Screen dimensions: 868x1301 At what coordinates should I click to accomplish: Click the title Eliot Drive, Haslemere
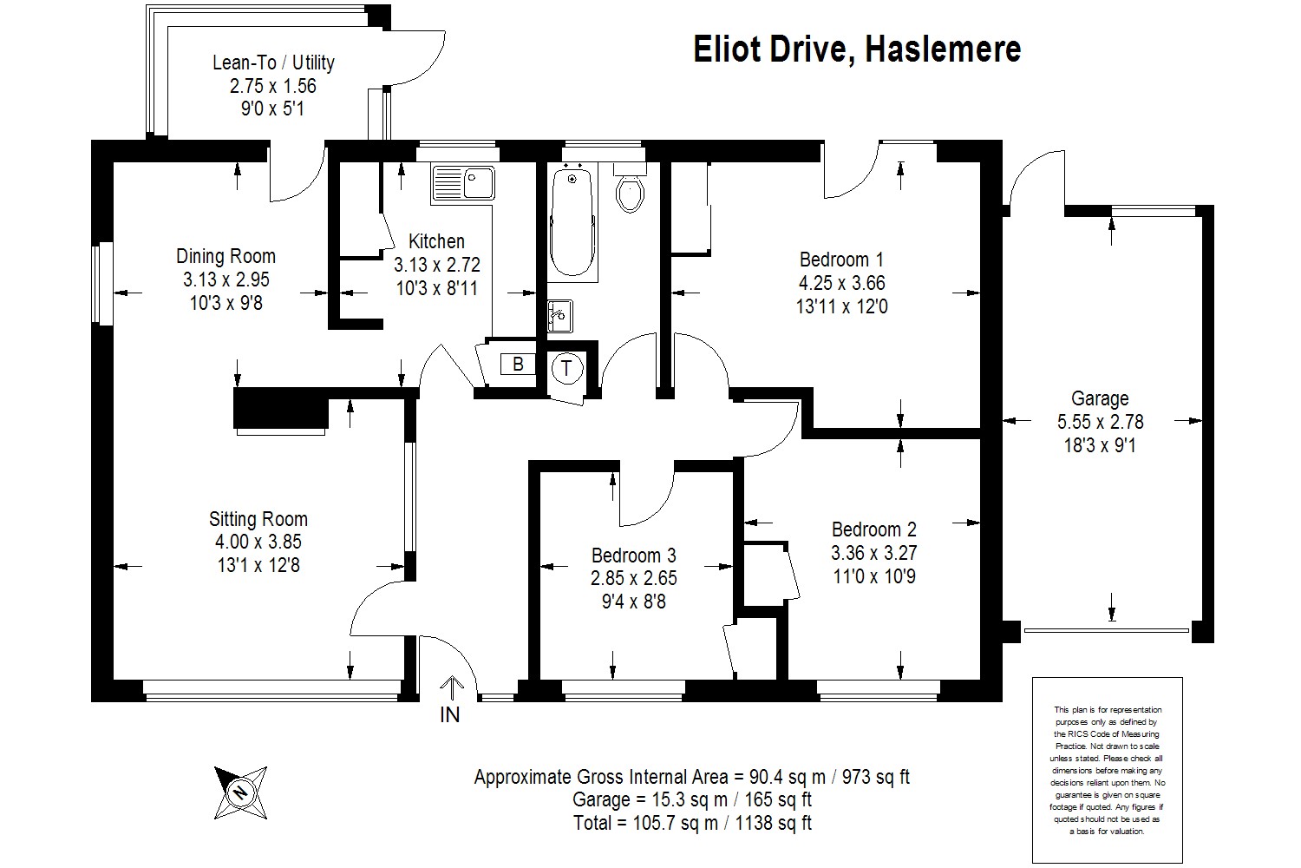[856, 49]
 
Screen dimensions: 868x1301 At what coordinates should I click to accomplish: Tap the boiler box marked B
[518, 365]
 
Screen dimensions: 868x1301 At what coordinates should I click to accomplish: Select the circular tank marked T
[567, 368]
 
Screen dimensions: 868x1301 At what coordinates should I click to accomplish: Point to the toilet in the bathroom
[631, 191]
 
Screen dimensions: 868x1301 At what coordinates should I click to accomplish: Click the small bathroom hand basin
[560, 315]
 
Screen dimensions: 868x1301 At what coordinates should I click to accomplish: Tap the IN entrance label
[450, 715]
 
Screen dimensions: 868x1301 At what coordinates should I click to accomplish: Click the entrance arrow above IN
[451, 687]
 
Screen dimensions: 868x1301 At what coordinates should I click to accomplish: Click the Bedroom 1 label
[841, 260]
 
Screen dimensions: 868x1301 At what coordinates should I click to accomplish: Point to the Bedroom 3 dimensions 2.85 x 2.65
[634, 578]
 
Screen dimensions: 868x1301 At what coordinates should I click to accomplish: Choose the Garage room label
[1100, 399]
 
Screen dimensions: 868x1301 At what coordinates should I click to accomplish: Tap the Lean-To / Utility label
[273, 62]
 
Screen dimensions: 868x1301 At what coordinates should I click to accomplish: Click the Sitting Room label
[258, 519]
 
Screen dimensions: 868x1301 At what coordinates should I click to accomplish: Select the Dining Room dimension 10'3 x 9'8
[226, 303]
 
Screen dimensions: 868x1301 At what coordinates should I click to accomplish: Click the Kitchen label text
[436, 241]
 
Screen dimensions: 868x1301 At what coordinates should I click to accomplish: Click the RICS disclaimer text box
[1108, 770]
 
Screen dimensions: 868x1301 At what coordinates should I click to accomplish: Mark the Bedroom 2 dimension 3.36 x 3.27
[873, 553]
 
